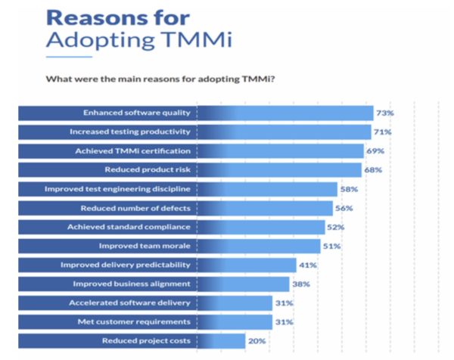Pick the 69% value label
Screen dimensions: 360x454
pyautogui.click(x=375, y=151)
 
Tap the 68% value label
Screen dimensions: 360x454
pyautogui.click(x=373, y=169)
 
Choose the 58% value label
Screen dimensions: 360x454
pyautogui.click(x=349, y=188)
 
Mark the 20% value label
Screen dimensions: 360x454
pyautogui.click(x=257, y=341)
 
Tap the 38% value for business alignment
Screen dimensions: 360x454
pyautogui.click(x=300, y=284)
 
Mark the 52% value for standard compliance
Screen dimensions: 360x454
pyautogui.click(x=337, y=227)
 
